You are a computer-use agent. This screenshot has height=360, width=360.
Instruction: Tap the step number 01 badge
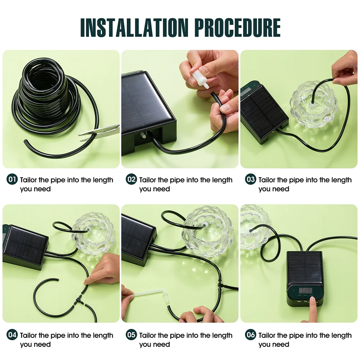(x=12, y=179)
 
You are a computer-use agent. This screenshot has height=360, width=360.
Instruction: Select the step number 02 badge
(x=131, y=179)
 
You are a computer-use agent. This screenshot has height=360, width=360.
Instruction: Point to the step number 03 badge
(x=251, y=179)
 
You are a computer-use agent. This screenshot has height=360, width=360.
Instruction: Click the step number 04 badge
(x=12, y=335)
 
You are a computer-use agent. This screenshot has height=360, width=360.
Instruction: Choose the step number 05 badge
(x=131, y=335)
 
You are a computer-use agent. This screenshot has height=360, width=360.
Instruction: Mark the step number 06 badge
(x=251, y=335)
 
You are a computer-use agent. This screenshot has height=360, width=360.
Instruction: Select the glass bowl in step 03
(x=314, y=104)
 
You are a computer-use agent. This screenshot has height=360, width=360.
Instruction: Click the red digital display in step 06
(x=305, y=290)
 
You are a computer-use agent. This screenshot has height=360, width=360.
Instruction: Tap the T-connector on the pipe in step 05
(x=220, y=287)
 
